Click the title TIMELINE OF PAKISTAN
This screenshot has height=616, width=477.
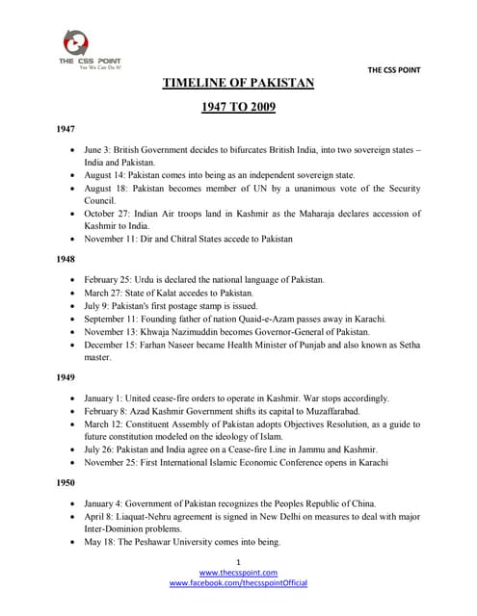[x=238, y=83]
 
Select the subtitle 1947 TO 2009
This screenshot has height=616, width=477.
[x=238, y=107]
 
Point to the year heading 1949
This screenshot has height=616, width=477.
[x=66, y=378]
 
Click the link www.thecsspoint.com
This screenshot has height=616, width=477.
[x=238, y=573]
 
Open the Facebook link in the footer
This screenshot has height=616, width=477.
[x=238, y=583]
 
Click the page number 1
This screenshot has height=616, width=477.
[x=238, y=561]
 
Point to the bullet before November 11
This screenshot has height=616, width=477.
[x=75, y=238]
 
